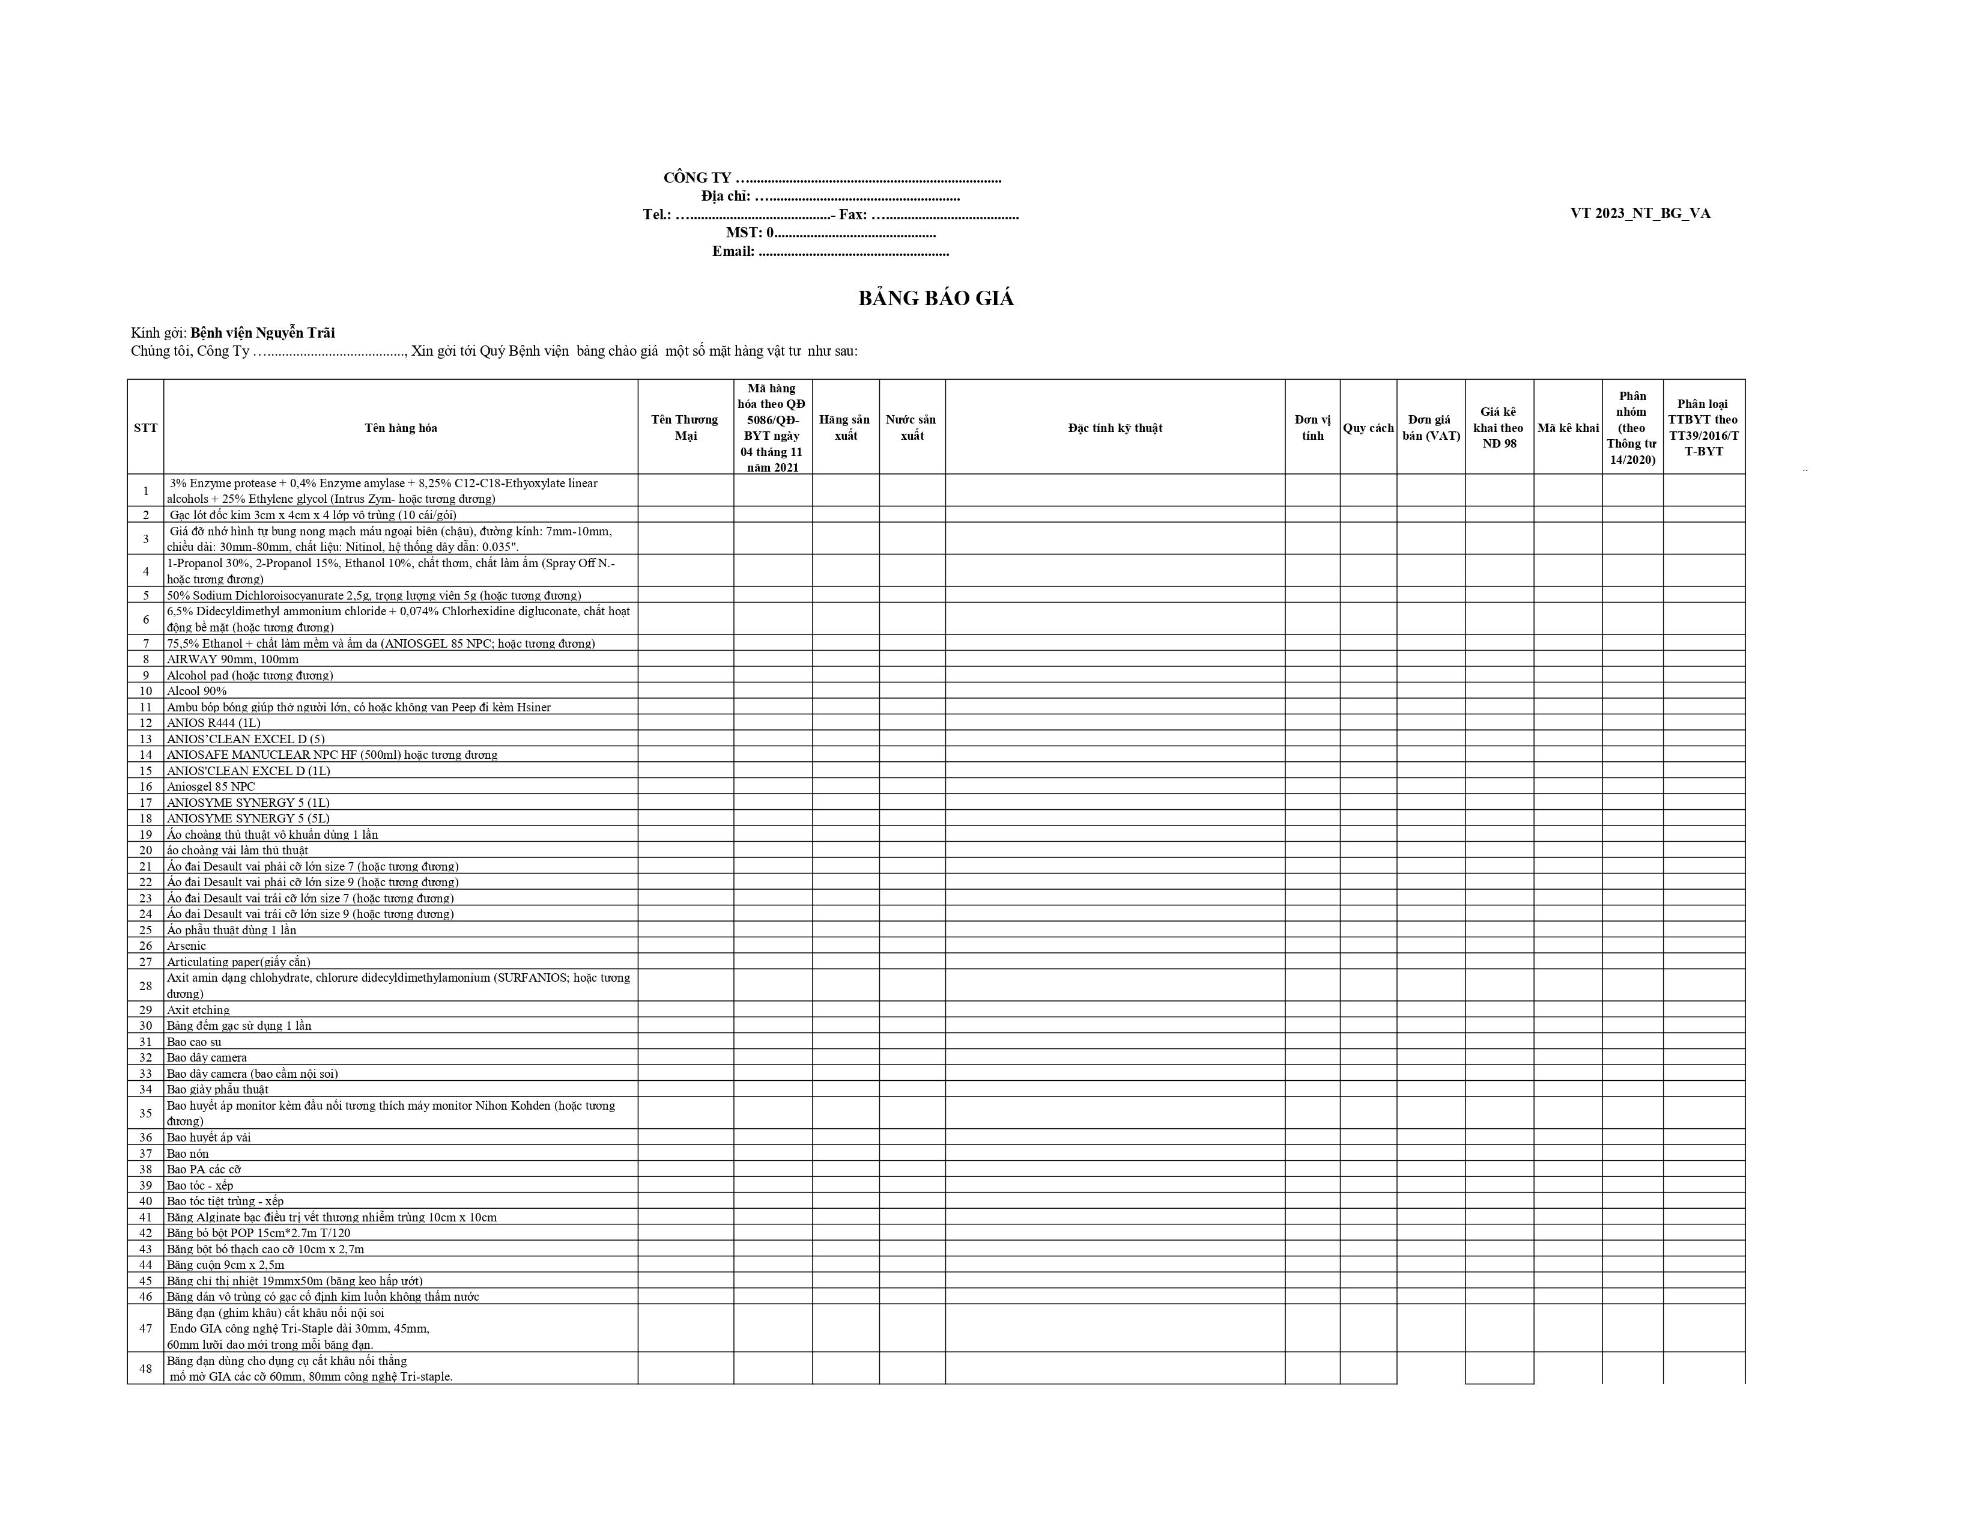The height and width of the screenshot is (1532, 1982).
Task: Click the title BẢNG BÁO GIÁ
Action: [936, 299]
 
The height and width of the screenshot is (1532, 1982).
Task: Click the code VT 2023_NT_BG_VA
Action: [1640, 213]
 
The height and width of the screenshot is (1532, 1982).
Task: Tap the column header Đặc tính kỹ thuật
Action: [1114, 428]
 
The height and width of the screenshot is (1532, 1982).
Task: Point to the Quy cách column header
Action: [1368, 428]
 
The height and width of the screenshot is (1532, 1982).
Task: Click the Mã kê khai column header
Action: [1567, 428]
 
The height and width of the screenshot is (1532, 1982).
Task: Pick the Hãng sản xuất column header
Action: [845, 428]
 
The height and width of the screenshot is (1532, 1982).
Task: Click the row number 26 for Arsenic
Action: [145, 946]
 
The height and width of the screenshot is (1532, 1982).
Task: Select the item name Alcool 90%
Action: [197, 691]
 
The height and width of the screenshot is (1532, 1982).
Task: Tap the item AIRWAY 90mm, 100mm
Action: [232, 659]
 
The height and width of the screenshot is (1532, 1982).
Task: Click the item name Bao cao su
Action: [194, 1042]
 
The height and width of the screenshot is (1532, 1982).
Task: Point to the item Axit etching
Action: [198, 1010]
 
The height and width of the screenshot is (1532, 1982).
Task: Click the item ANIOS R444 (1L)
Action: [213, 722]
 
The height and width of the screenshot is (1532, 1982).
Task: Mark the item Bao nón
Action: [188, 1154]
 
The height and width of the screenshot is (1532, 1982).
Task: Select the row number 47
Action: [145, 1328]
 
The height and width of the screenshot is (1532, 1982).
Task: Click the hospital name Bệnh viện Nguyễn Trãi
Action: [262, 333]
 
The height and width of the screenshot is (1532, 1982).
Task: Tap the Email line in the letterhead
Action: [831, 251]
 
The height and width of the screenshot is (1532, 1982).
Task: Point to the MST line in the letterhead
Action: [831, 233]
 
